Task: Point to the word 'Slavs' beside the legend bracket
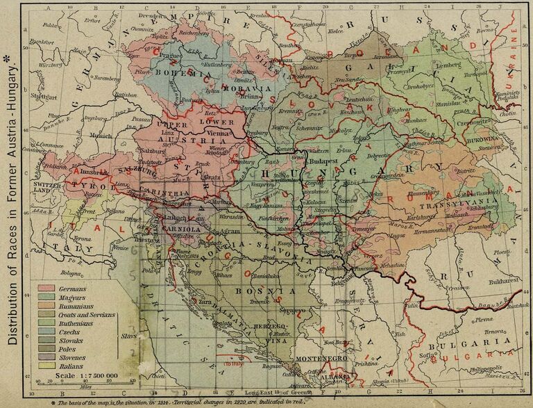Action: (x=128, y=336)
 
